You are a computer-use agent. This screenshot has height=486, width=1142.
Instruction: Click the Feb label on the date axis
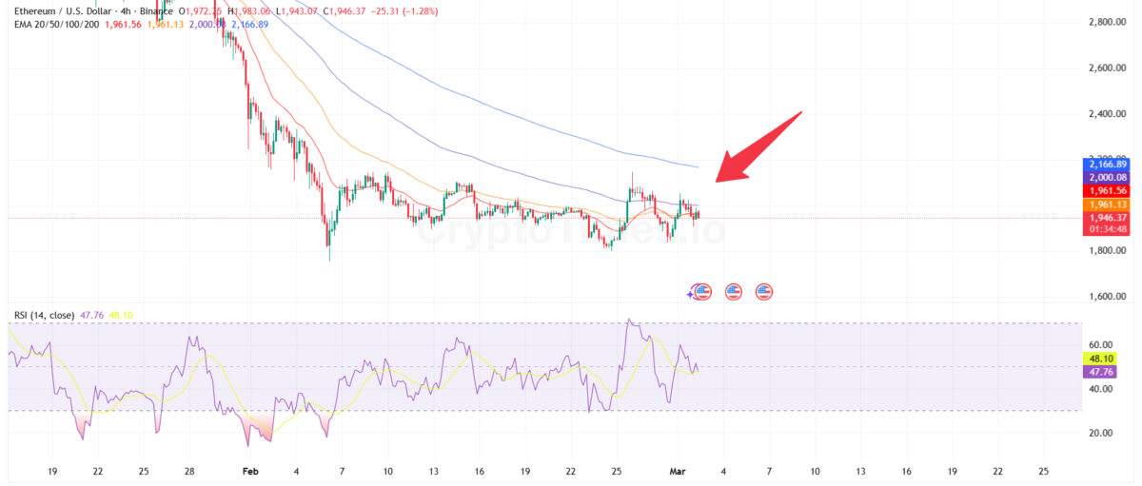pos(250,472)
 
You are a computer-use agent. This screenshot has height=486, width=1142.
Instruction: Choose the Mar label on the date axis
pos(677,472)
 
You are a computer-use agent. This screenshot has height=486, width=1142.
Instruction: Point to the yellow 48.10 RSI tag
pos(1102,359)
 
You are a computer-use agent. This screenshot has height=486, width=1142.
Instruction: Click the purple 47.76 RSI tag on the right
pos(1102,372)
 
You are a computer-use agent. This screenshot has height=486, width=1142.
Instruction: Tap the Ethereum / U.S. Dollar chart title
pos(67,10)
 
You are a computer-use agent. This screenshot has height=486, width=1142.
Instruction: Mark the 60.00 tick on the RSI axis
pos(1101,345)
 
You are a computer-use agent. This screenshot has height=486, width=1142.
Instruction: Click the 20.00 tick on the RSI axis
pos(1101,433)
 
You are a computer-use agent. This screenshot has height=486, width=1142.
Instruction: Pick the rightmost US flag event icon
pos(764,291)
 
